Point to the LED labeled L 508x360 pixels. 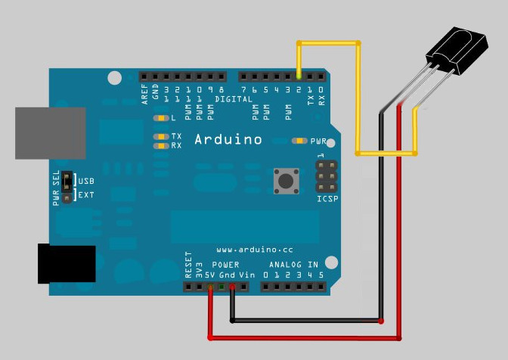click(160, 119)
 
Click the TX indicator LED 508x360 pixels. click(160, 137)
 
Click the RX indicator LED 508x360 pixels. click(160, 145)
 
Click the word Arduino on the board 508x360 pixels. click(228, 139)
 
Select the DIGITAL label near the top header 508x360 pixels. click(234, 99)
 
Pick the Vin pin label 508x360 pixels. click(246, 276)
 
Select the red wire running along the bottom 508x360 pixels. click(302, 336)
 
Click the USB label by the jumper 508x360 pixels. click(87, 182)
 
